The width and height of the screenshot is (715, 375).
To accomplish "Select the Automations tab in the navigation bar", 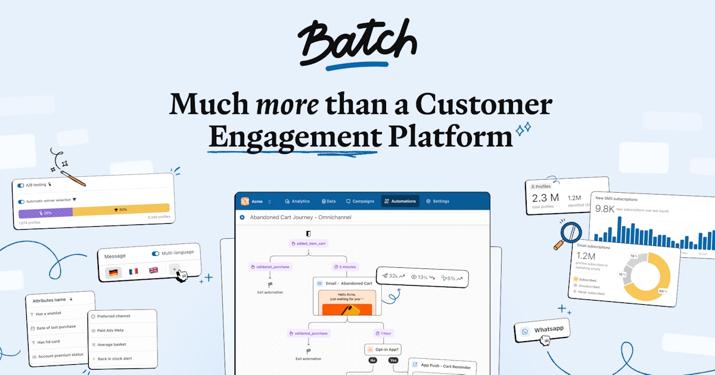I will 400,201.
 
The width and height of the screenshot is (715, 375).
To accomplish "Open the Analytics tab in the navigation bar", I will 297,201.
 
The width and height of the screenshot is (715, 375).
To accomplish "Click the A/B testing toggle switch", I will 21,185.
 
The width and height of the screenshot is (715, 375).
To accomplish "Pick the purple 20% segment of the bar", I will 45,212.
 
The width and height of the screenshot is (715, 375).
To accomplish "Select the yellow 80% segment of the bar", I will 121,210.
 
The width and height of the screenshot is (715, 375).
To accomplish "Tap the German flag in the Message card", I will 113,272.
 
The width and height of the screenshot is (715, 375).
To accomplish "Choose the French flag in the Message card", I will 133,271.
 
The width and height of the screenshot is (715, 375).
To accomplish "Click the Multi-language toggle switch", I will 156,253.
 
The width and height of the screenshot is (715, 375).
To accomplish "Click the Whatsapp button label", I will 549,330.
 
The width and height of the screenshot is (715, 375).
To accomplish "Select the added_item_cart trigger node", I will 309,243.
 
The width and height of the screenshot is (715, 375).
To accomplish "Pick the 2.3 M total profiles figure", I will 545,197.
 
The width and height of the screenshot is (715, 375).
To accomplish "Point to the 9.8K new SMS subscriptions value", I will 605,209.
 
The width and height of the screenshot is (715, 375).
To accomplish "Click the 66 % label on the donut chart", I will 663,291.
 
